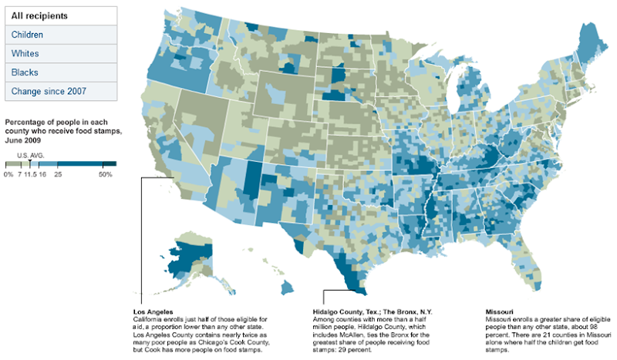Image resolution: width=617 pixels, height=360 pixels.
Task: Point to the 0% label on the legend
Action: (8, 177)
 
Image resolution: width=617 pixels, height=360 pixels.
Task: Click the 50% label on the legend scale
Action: (106, 177)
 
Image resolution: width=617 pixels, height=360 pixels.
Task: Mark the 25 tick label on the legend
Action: (58, 177)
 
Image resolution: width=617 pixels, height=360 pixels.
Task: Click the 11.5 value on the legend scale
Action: (30, 177)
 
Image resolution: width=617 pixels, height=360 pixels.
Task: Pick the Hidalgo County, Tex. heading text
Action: (344, 311)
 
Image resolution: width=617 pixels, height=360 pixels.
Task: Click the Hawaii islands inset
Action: (287, 287)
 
